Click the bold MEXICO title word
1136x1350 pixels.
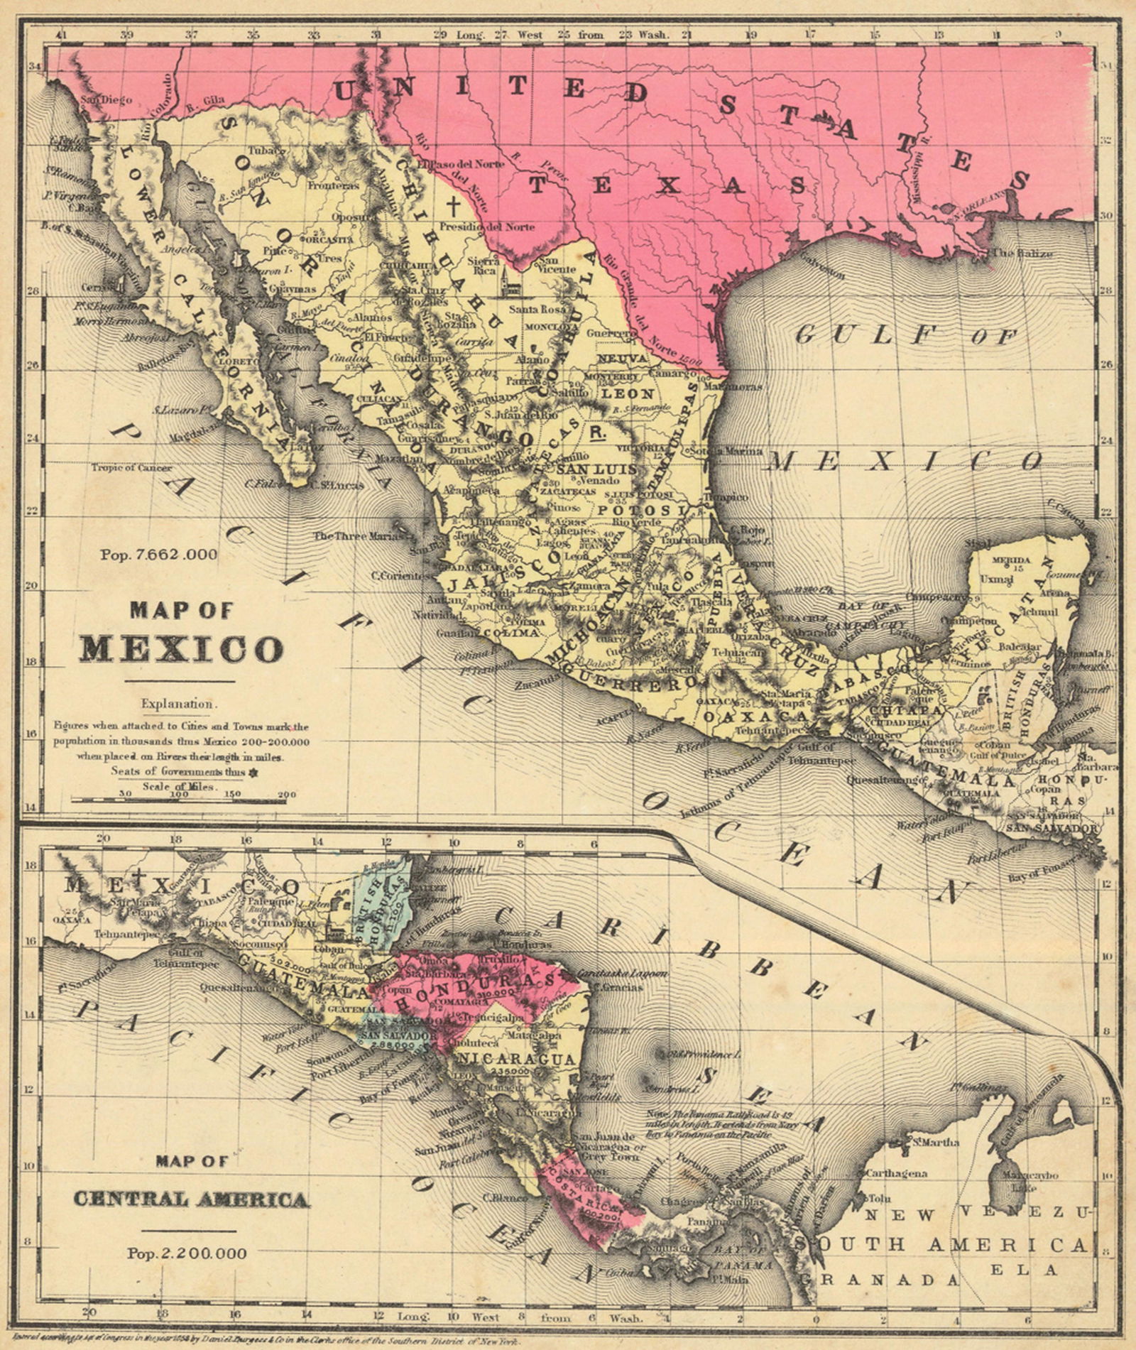[x=180, y=648]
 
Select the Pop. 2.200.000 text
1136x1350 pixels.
[x=187, y=1253]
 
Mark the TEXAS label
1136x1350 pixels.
[x=667, y=186]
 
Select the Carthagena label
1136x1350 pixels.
[x=897, y=1173]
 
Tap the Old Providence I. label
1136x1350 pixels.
[x=700, y=1055]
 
